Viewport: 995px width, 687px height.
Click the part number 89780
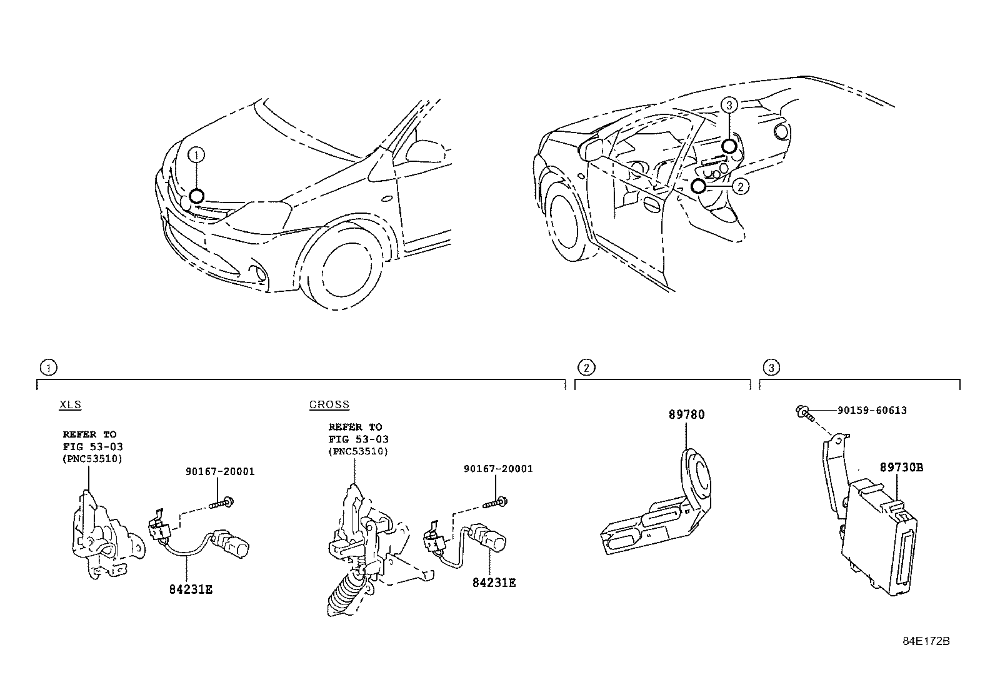pos(686,414)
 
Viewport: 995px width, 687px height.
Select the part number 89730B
pos(901,467)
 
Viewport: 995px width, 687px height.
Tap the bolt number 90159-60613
pos(872,411)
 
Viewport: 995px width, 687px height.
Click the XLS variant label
pos(70,404)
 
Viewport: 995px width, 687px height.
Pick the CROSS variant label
pos(329,404)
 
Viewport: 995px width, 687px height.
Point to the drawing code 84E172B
pos(926,641)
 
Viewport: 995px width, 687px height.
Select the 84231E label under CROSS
pos(494,582)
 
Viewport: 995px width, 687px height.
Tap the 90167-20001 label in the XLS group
pos(219,471)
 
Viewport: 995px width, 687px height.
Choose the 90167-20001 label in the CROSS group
pos(498,468)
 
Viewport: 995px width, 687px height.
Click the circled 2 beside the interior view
pos(740,186)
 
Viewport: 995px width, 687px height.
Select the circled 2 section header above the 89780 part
pos(585,368)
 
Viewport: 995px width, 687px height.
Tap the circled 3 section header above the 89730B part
pos(771,368)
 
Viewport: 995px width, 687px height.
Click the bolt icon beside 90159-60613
pos(804,412)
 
